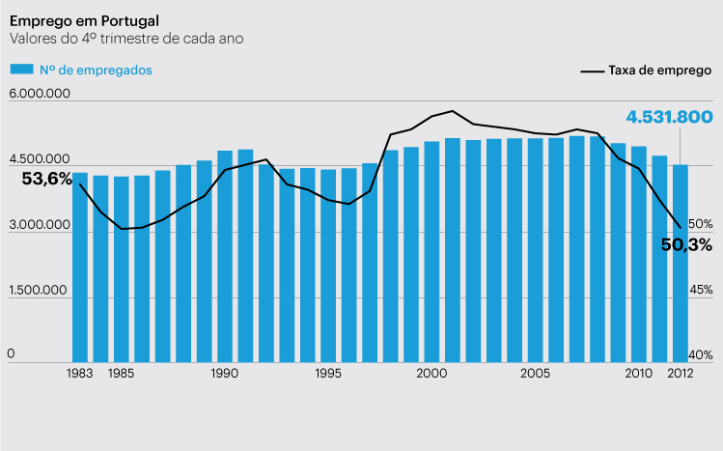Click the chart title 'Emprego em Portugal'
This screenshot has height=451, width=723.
pos(85,20)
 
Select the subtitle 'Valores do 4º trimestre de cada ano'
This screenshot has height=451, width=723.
pos(126,39)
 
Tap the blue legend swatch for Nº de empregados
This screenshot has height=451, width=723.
pos(22,70)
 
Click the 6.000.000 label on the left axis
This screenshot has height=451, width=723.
pos(40,94)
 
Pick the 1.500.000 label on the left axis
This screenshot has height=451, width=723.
pos(40,290)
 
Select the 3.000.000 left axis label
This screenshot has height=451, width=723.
pos(40,225)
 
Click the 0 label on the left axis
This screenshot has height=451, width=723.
pos(12,354)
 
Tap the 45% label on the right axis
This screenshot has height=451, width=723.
pos(701,290)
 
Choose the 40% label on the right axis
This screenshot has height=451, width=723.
pos(701,354)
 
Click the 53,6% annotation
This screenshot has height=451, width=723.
pos(47,179)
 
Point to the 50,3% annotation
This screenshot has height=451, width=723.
pos(686,244)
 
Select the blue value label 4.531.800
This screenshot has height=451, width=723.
pos(669,117)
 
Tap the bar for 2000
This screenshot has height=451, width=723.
pos(431,251)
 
